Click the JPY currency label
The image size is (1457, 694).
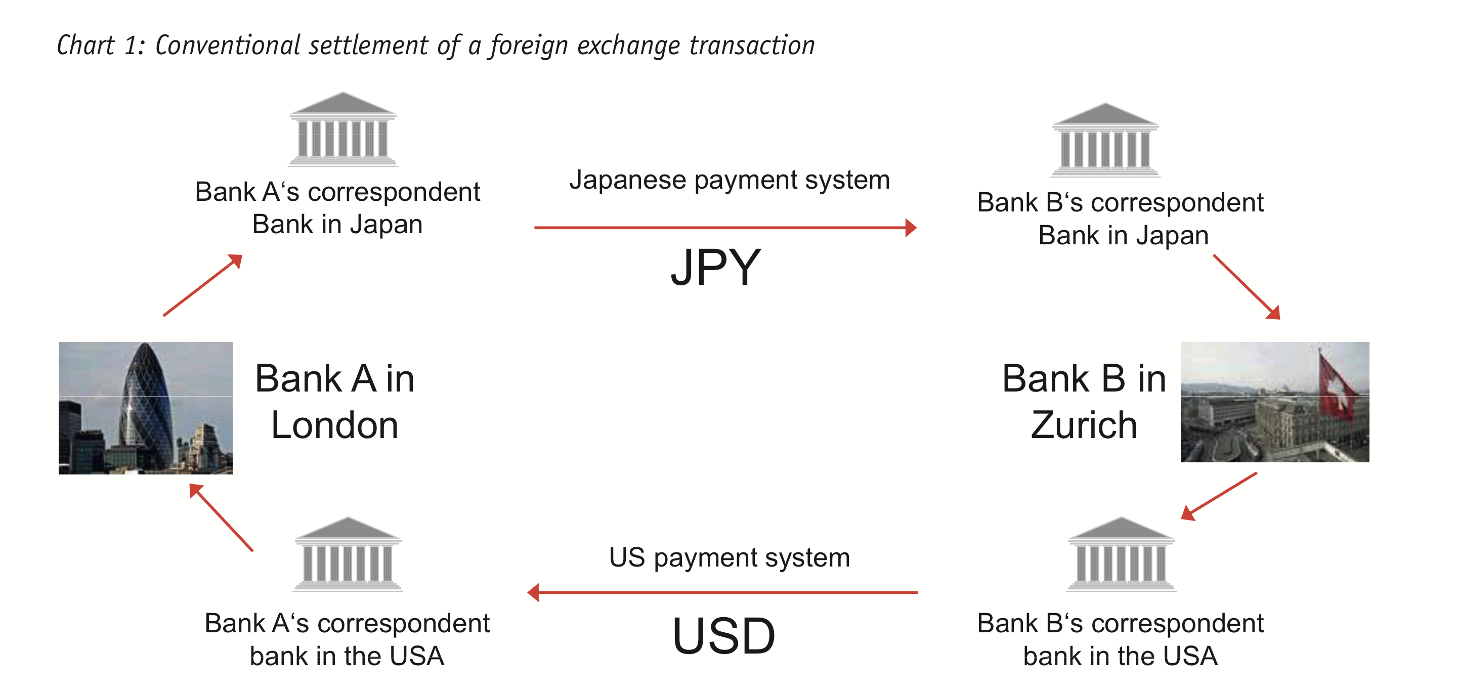click(x=715, y=268)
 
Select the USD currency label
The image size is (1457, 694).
click(x=723, y=636)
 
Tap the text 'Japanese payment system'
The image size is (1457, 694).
click(x=729, y=181)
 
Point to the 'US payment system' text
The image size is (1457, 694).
click(x=729, y=558)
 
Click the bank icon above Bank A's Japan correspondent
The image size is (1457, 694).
click(x=343, y=129)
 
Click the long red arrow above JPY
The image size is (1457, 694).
click(x=724, y=228)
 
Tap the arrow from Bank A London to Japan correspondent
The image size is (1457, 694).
click(x=202, y=285)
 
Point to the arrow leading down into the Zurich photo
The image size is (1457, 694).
click(x=1247, y=287)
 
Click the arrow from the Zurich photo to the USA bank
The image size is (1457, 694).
click(x=1219, y=496)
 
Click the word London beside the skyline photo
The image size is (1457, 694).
click(x=334, y=425)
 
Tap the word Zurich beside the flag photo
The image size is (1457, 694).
click(x=1083, y=425)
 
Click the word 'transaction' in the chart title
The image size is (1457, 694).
click(x=752, y=45)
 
